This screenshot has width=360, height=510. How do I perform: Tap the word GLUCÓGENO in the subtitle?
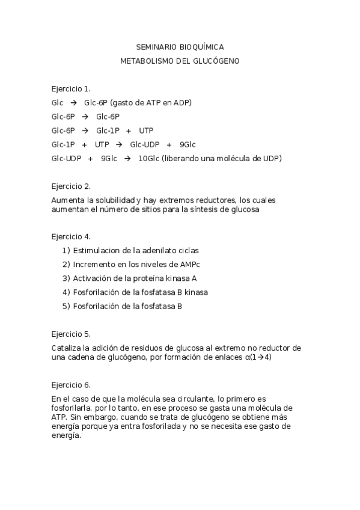coord(215,61)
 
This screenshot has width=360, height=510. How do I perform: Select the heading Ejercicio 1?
coord(71,88)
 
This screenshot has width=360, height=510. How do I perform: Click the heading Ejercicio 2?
coord(71,186)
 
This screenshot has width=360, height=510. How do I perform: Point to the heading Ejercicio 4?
coord(71,236)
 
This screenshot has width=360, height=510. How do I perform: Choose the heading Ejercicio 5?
coord(71,334)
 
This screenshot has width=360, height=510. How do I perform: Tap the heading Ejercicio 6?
coord(71,384)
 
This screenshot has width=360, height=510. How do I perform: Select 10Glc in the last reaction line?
coord(148,159)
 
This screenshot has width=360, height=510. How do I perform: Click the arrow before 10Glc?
coord(127,159)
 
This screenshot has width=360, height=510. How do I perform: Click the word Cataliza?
coord(66,348)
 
